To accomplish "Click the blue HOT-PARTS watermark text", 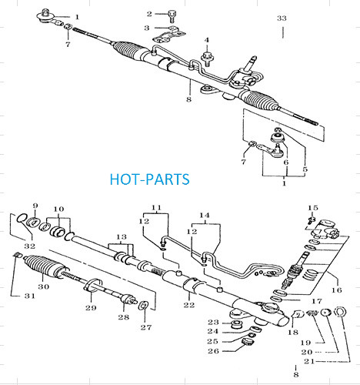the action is point(150,179).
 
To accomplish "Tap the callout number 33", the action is point(282,18).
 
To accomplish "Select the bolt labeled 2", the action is point(172,15).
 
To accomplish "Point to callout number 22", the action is point(189,305).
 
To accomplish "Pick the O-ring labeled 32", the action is point(21,219).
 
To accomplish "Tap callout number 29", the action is point(91,308).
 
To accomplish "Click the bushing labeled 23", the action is point(237,324).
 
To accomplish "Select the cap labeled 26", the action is point(248,343).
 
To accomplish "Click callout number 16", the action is point(337,290).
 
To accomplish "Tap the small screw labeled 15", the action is point(312,219).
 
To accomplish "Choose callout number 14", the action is point(205,216).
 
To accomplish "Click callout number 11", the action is point(156,207).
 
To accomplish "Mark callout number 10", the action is point(58,209).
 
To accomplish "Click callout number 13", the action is point(122,236).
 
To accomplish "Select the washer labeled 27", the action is point(143,306).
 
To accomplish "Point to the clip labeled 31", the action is point(18,256).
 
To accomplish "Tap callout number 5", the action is point(305,169).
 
